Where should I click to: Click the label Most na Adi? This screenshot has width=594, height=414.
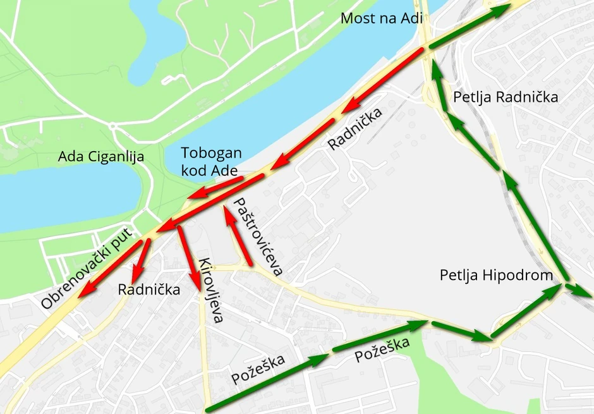380,18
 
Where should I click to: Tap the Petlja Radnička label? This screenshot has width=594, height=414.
506,97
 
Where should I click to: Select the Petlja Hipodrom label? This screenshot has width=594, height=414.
496,276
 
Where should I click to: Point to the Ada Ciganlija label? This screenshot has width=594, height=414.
101,157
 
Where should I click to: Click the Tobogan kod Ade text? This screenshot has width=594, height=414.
211,162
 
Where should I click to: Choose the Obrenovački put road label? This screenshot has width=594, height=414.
88,269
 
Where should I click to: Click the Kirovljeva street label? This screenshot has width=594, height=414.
211,290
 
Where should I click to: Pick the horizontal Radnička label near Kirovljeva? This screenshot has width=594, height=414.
149,289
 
